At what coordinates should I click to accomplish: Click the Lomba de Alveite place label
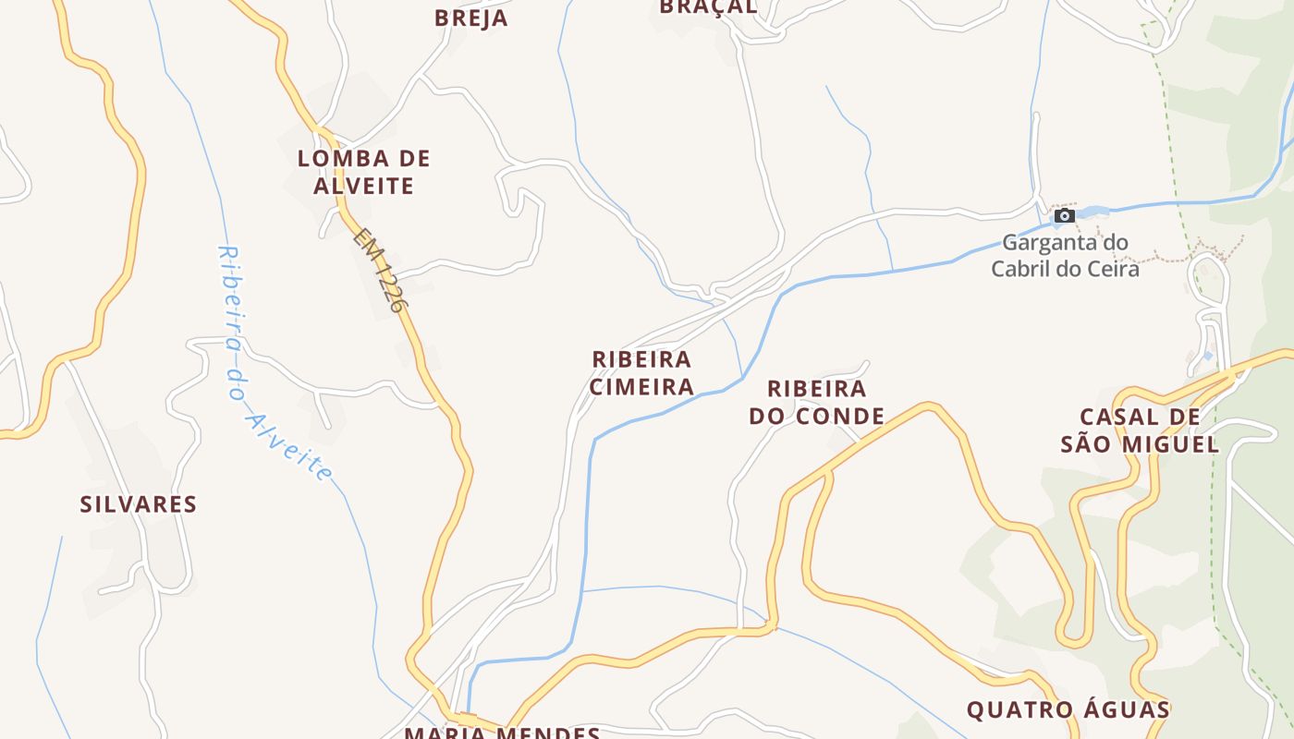click(363, 172)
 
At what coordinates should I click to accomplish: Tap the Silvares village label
click(139, 504)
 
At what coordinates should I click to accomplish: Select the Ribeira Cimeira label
click(642, 372)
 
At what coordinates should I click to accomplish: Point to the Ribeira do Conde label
click(816, 402)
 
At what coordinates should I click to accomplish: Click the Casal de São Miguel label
click(1140, 430)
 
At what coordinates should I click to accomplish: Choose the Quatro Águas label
click(1068, 710)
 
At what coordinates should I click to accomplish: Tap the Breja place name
click(470, 18)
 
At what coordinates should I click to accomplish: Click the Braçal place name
click(709, 7)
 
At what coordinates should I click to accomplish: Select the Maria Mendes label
click(503, 733)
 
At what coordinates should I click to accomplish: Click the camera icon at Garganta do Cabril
click(1065, 215)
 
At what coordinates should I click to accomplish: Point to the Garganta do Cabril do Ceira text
click(1065, 256)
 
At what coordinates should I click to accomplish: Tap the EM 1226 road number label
click(380, 270)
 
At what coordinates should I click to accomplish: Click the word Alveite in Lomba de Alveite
click(363, 186)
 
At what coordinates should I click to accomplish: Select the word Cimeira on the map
click(642, 386)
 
